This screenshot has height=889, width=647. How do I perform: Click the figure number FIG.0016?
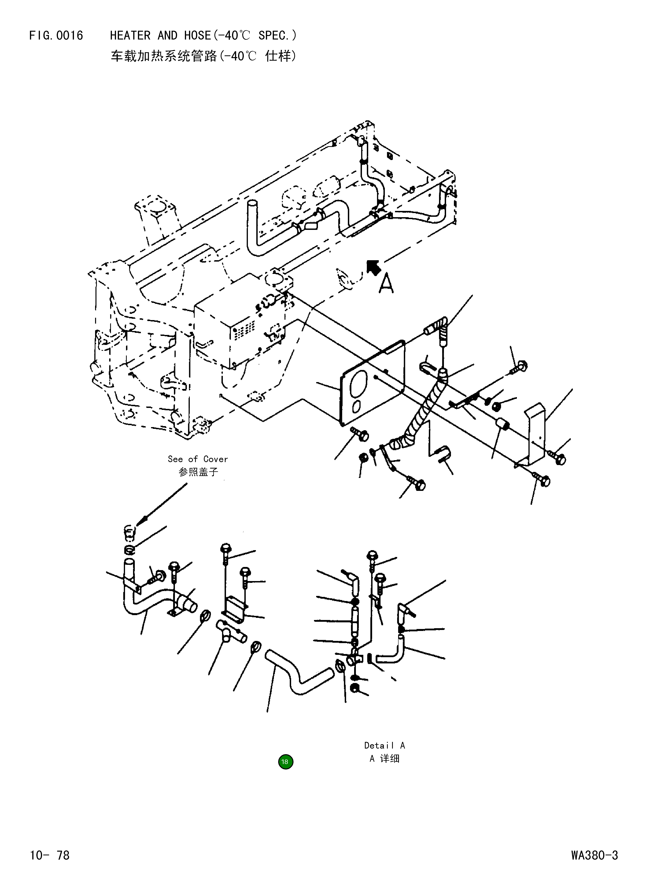tap(56, 36)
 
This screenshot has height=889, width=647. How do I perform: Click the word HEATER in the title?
tap(130, 36)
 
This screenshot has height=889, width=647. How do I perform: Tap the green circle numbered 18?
tap(285, 762)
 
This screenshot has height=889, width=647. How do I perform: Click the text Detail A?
tap(384, 745)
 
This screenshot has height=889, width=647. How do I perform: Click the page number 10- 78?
tap(50, 855)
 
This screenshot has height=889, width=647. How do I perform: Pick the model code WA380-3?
tap(594, 855)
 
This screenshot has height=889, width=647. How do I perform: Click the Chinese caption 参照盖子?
tap(198, 472)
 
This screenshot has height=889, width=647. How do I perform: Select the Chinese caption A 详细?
tap(384, 759)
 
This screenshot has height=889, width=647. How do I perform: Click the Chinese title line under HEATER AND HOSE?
tap(203, 57)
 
